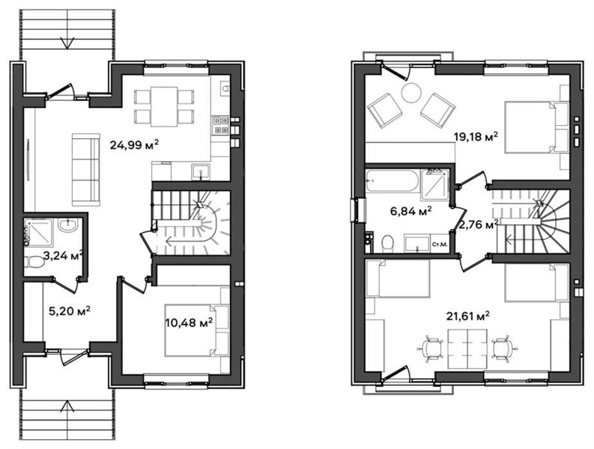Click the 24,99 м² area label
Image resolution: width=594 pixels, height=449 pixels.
point(134,144)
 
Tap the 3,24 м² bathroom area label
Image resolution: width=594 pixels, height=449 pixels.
point(63,255)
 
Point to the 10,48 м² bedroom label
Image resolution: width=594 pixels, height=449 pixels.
point(189,323)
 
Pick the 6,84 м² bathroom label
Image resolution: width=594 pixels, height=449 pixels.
point(411,211)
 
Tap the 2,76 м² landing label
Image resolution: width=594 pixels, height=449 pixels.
point(478,224)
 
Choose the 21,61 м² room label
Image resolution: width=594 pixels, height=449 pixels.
point(469,315)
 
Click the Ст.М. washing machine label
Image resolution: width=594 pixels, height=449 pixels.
point(440,245)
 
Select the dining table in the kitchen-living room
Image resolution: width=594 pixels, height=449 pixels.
point(164,106)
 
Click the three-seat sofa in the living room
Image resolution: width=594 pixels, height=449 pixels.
point(86,170)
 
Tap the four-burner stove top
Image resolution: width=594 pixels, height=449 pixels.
point(221,125)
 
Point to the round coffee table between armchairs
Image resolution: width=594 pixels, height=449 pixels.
point(411,93)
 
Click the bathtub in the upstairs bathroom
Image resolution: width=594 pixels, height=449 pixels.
point(392,180)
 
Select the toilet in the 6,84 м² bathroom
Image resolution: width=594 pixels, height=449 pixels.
point(388,243)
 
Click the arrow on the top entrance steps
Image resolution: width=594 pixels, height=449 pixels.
point(68,43)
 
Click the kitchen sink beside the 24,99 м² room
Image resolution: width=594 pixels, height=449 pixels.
point(201,172)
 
